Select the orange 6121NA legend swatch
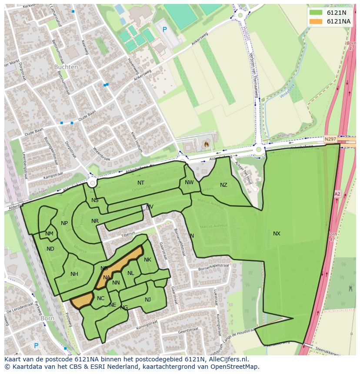click(x=316, y=21)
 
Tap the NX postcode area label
click(x=277, y=234)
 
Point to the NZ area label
click(x=223, y=185)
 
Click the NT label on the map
click(x=141, y=183)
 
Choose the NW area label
click(x=189, y=182)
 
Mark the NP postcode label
click(x=64, y=223)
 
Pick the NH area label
click(x=74, y=274)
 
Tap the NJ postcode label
click(x=148, y=299)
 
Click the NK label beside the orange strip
click(x=147, y=260)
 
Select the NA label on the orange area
click(x=107, y=278)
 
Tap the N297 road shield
click(x=330, y=139)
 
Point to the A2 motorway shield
click(x=337, y=194)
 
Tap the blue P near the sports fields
click(x=164, y=30)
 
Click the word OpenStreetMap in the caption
click(x=237, y=367)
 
